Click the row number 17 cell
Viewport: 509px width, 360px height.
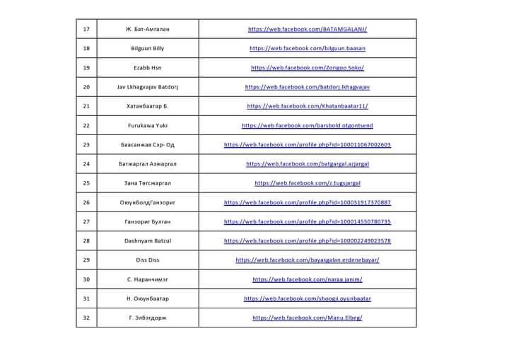click(x=86, y=29)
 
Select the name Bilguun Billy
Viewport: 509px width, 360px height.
click(x=148, y=48)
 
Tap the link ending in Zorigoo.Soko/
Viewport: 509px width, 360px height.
click(x=308, y=68)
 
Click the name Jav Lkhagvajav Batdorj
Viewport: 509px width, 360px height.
click(x=148, y=87)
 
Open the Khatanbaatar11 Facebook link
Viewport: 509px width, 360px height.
click(x=308, y=106)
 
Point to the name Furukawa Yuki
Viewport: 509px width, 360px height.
click(x=148, y=125)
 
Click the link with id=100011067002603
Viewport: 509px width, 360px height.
click(x=308, y=144)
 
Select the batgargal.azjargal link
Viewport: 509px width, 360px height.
click(x=308, y=163)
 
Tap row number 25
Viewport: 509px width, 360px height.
click(x=86, y=182)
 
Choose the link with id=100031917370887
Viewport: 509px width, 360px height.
click(x=308, y=202)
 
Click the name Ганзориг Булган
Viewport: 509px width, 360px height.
click(x=148, y=221)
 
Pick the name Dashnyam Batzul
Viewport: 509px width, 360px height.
click(x=148, y=240)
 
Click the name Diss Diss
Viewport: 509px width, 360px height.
click(x=148, y=260)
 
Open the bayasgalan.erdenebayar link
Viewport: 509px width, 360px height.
click(x=308, y=260)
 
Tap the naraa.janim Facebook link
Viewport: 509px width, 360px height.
click(x=308, y=279)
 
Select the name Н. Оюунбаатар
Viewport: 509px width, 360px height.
click(x=148, y=298)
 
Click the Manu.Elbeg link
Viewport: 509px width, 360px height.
click(x=308, y=318)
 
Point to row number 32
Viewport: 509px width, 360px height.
click(x=86, y=318)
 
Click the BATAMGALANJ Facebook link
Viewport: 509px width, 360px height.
click(x=308, y=29)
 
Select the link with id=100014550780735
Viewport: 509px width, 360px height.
click(x=308, y=221)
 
